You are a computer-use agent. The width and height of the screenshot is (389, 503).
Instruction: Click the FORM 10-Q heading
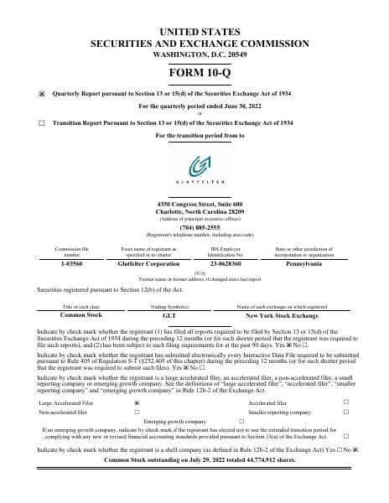[194, 72]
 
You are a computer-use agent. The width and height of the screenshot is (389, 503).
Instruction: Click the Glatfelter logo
[194, 167]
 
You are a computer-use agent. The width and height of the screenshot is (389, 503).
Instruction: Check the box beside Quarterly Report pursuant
[43, 94]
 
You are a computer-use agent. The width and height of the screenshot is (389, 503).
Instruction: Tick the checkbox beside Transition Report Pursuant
[43, 122]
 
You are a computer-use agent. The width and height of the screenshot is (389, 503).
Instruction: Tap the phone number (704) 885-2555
[194, 227]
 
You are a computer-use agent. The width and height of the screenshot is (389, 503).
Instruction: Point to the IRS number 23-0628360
[226, 262]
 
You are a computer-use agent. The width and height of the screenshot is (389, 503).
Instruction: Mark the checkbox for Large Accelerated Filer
[137, 402]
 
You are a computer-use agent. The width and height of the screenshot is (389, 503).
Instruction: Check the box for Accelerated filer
[346, 402]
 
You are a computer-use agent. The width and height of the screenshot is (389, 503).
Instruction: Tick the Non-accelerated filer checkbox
[137, 412]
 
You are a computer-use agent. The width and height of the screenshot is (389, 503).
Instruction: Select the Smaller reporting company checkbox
[346, 412]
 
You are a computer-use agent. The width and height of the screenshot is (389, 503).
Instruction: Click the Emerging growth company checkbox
[241, 422]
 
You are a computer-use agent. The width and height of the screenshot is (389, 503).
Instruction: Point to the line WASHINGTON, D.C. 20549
[194, 53]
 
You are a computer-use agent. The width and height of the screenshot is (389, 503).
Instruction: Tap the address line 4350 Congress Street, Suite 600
[194, 204]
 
